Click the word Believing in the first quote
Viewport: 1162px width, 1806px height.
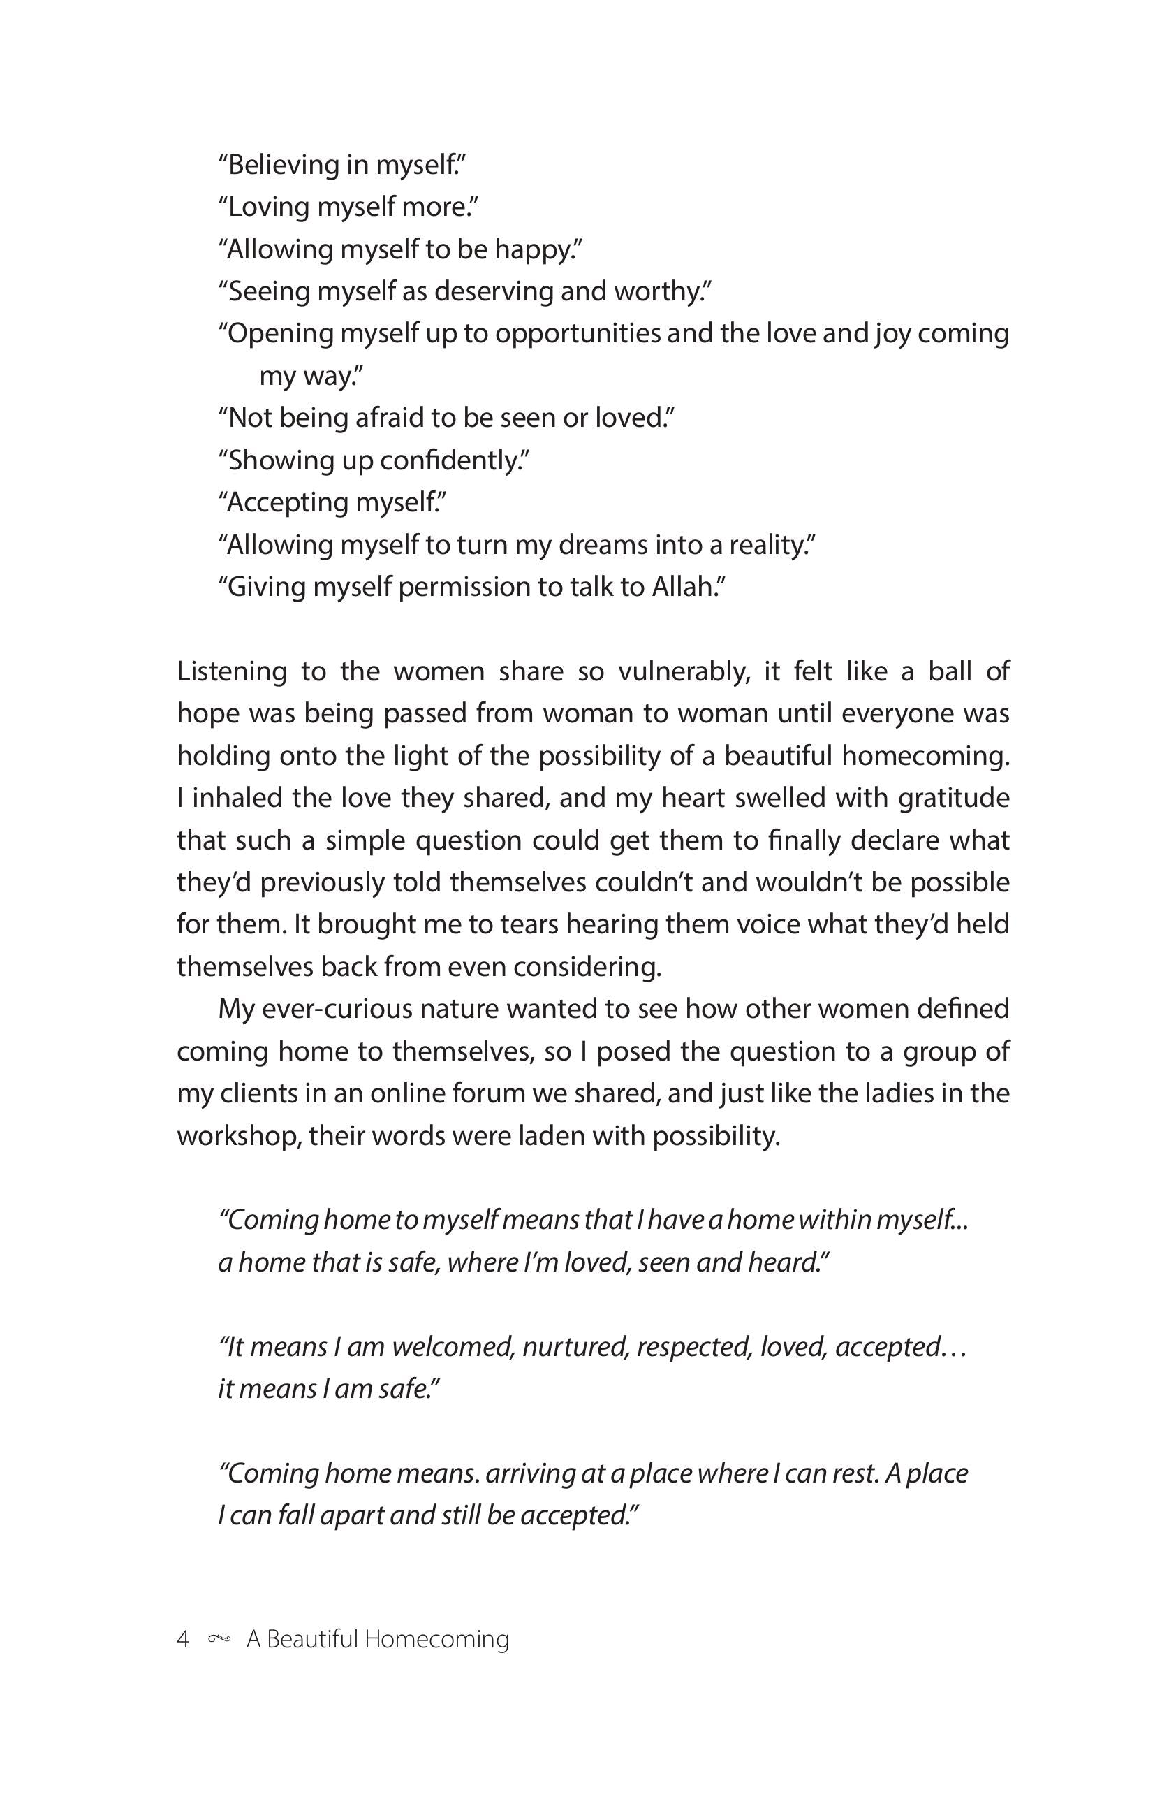(x=282, y=164)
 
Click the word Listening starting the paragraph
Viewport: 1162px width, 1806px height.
(x=232, y=671)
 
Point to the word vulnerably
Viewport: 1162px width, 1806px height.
(x=684, y=671)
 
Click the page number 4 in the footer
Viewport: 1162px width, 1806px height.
(x=182, y=1638)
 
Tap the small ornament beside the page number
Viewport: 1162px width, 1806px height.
(x=218, y=1638)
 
